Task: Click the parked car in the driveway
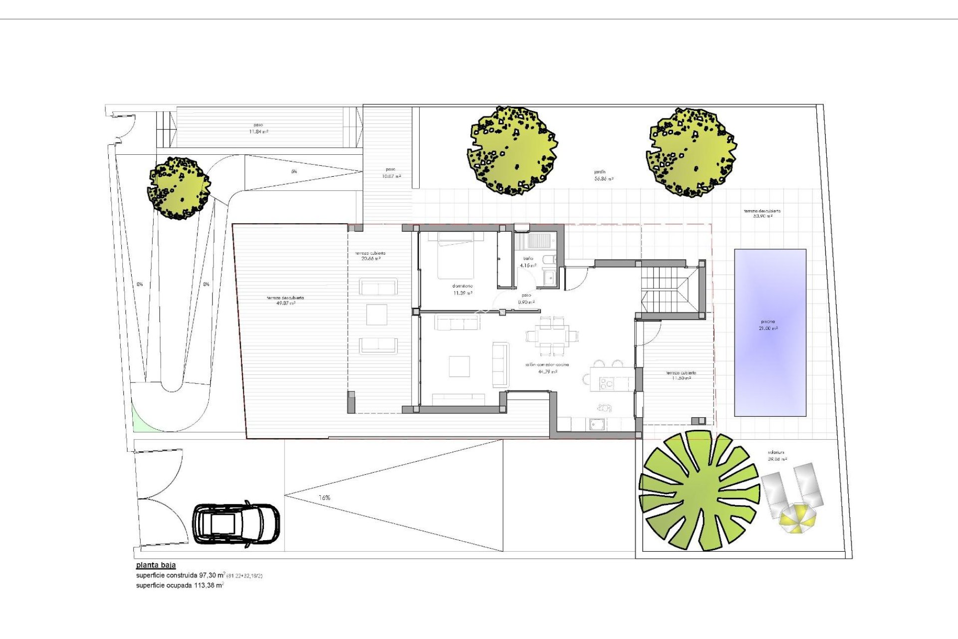236,524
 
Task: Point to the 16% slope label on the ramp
324,498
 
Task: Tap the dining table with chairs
552,334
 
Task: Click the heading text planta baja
156,565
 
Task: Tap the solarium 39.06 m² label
777,456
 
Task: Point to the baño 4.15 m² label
528,262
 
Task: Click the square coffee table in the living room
459,366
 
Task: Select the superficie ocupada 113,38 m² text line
180,586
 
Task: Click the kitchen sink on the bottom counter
597,424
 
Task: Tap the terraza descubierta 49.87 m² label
285,300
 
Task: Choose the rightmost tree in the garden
692,153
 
